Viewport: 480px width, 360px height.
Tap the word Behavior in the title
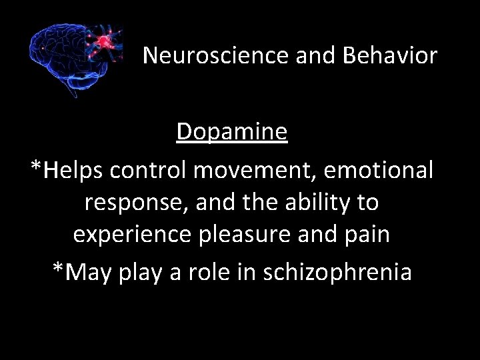390,56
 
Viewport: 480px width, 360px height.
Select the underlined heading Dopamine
232,132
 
